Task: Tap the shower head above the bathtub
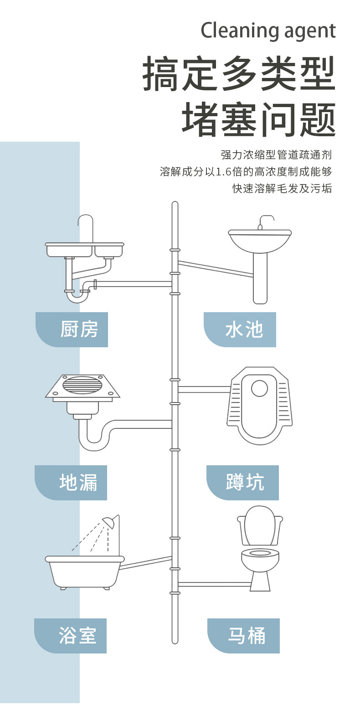point(109,521)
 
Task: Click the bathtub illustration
point(85,572)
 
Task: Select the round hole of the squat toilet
point(260,388)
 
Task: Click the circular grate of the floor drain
point(82,385)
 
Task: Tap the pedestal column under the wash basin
point(260,279)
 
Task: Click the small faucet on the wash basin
point(265,222)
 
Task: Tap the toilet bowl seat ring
point(260,553)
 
